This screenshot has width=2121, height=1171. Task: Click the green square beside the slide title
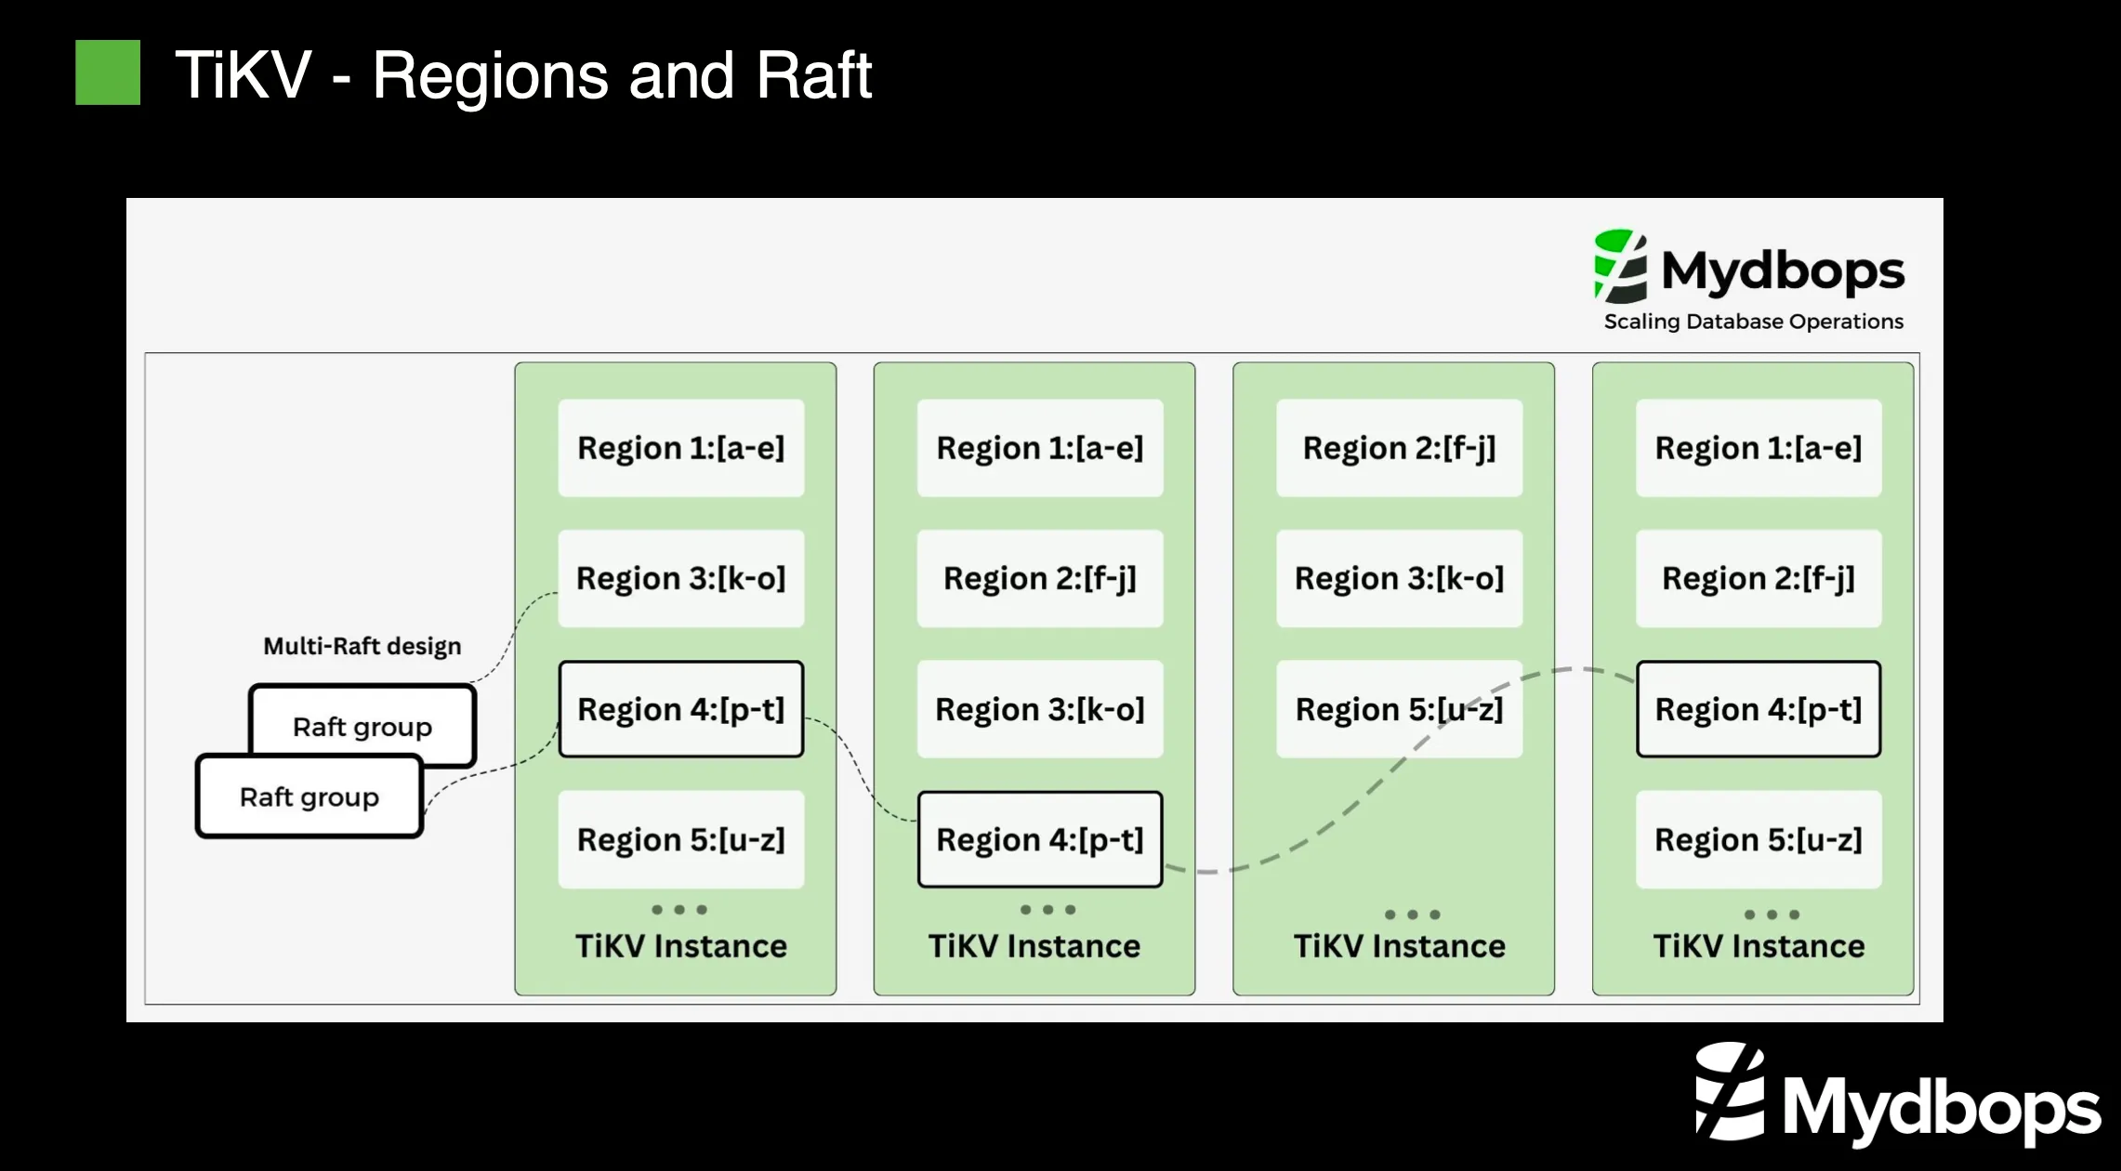[x=108, y=72]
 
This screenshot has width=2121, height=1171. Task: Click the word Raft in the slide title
[x=813, y=75]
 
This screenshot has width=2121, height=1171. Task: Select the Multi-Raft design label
[x=362, y=646]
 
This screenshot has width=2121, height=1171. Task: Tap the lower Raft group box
[x=309, y=797]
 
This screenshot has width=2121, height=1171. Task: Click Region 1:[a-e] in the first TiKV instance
[x=680, y=448]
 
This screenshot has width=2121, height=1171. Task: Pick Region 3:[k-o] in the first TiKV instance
[x=680, y=578]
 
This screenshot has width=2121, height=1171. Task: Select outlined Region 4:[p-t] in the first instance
[x=680, y=709]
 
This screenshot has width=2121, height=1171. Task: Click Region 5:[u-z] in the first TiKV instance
[x=680, y=839]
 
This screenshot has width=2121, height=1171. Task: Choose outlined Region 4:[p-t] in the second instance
[x=1039, y=839]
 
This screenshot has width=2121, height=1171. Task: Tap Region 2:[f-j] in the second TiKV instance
[x=1039, y=578]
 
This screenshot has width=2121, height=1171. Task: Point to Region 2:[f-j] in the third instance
[x=1399, y=448]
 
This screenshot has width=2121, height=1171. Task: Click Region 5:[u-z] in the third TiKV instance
[x=1399, y=709]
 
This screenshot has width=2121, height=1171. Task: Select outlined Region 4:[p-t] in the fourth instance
[x=1758, y=709]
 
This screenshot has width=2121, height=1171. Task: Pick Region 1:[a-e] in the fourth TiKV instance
[x=1758, y=448]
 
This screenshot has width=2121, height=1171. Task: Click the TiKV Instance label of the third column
[x=1399, y=946]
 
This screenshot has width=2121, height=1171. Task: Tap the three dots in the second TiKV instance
[x=1047, y=910]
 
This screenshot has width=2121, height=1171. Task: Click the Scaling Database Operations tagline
[x=1753, y=322]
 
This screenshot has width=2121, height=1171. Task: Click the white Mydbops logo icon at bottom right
[x=1730, y=1092]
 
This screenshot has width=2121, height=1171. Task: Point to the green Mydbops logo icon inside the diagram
[x=1620, y=267]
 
